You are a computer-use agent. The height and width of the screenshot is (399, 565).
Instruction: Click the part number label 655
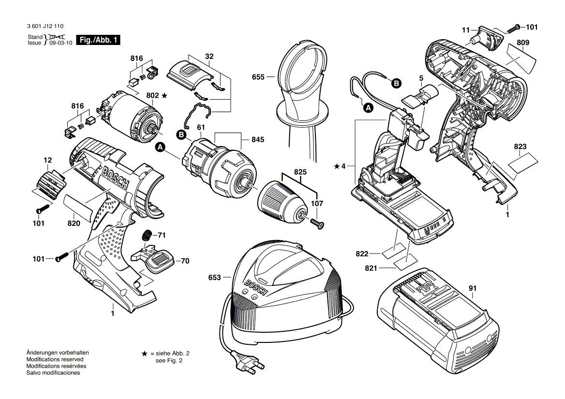coord(258,76)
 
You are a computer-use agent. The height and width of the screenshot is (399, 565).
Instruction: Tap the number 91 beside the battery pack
coord(473,289)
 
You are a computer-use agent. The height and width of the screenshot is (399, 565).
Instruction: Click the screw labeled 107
coord(318,223)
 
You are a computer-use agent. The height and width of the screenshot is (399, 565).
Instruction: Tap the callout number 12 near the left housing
coord(47,160)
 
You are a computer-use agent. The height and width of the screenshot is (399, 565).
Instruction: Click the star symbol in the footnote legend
coord(144,354)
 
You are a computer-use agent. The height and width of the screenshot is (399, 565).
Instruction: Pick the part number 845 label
coord(258,140)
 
